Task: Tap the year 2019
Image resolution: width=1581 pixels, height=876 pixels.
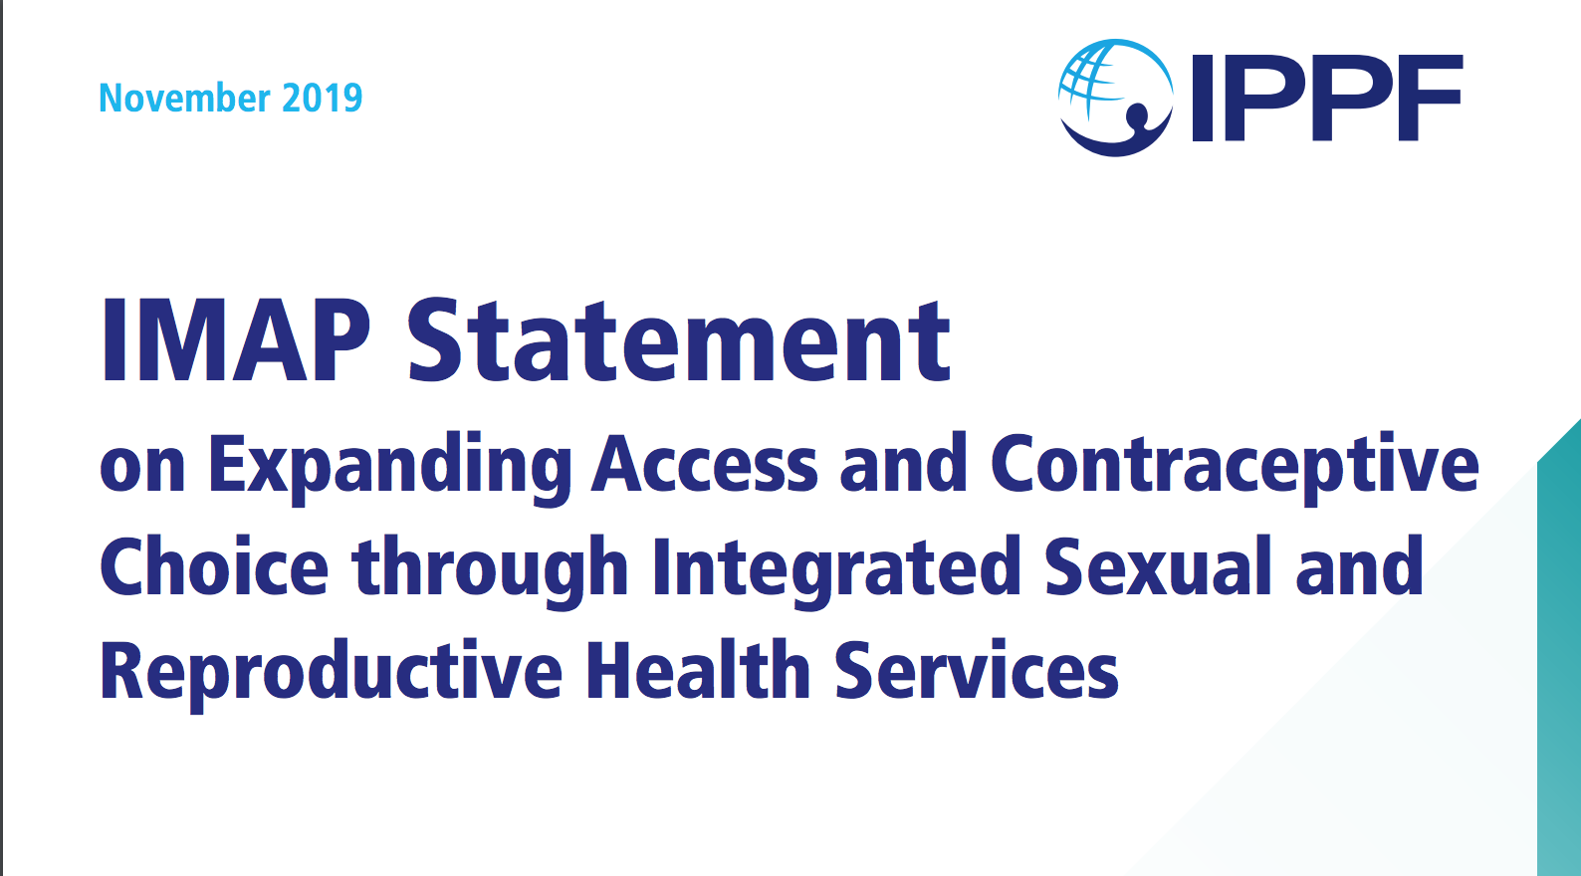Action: (323, 98)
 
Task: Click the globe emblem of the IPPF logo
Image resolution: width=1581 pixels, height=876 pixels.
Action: (1116, 98)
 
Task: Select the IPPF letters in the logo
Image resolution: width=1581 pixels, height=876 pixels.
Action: (1327, 98)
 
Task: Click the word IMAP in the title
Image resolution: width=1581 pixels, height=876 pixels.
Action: (236, 339)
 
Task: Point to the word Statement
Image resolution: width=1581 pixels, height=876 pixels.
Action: (679, 339)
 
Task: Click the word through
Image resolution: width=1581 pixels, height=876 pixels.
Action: (491, 571)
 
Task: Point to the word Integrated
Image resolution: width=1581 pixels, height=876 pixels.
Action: (836, 571)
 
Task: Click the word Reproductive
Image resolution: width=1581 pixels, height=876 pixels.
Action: (331, 674)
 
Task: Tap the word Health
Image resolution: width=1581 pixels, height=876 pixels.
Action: (698, 669)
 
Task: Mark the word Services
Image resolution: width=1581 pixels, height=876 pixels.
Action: (978, 669)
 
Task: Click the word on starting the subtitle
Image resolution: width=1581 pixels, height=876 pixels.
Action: (142, 470)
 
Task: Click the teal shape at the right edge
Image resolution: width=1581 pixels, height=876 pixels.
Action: (1560, 648)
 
